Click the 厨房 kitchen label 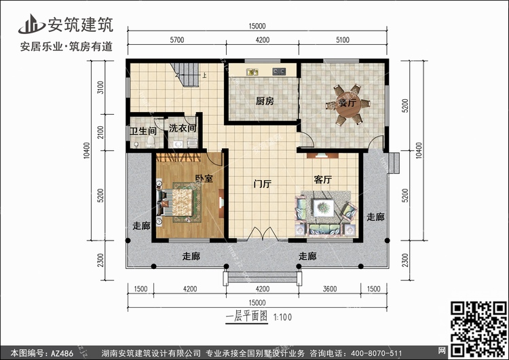tap(265, 101)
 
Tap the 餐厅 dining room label tap(347, 104)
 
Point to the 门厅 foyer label tap(262, 184)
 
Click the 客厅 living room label tap(322, 179)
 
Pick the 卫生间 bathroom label tap(143, 130)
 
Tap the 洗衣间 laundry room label tap(183, 128)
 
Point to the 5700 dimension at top tap(176, 40)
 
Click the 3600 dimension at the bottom tap(330, 289)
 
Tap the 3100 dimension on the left tap(100, 88)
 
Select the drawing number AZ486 tap(59, 353)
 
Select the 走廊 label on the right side tap(375, 217)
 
